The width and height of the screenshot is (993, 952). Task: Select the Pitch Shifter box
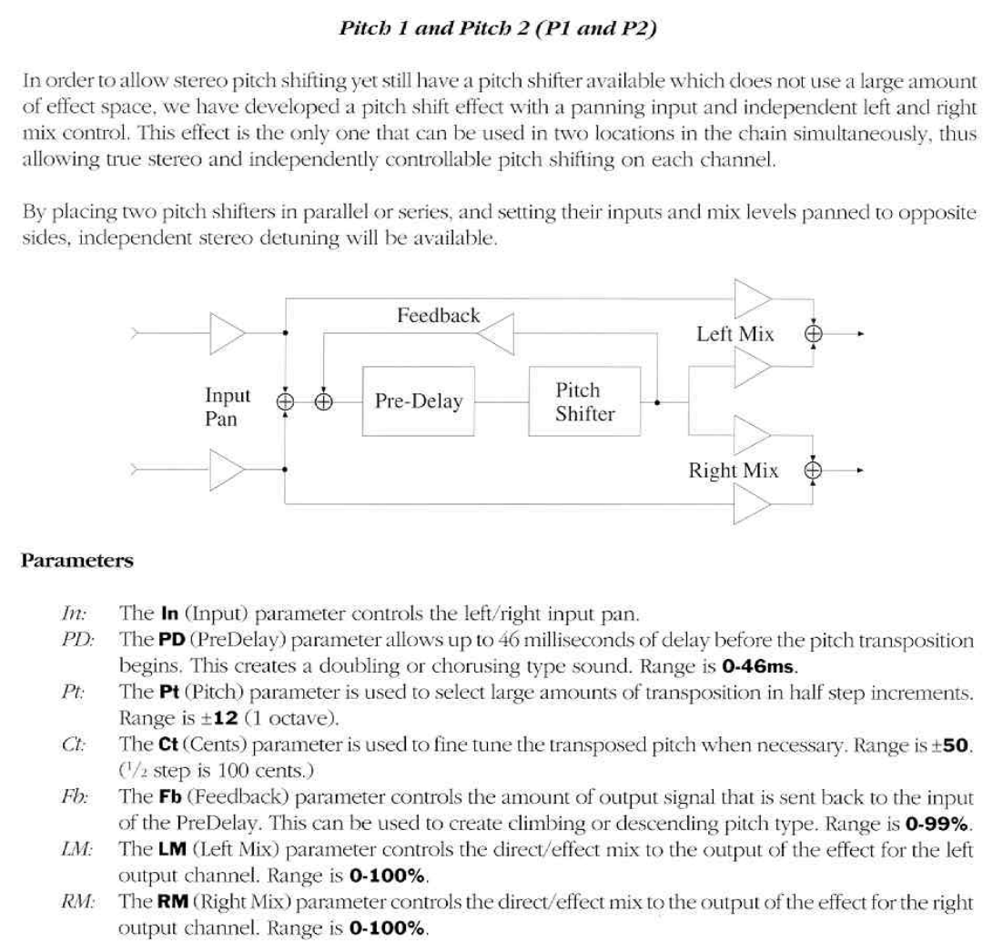584,401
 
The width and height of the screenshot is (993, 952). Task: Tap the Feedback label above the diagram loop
438,317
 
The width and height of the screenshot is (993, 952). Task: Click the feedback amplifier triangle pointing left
496,335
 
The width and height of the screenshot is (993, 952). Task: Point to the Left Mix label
735,334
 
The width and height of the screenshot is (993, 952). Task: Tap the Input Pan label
228,407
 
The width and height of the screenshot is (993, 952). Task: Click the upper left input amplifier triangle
227,334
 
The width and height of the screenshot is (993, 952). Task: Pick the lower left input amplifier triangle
227,471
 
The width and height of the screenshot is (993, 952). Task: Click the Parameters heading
77,560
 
